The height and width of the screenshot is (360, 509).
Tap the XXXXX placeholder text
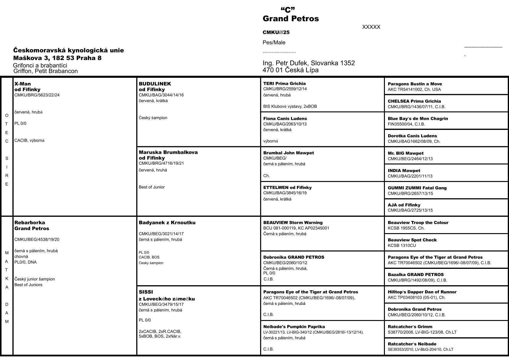click(371, 27)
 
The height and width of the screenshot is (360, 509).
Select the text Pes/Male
click(274, 42)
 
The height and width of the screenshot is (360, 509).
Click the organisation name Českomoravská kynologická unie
click(68, 50)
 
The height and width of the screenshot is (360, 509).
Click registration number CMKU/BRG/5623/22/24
click(37, 95)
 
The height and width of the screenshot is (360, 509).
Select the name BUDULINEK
click(155, 84)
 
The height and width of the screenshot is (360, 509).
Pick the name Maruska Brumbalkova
click(168, 152)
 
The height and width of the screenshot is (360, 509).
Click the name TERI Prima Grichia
click(284, 84)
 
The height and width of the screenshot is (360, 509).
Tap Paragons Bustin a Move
click(415, 84)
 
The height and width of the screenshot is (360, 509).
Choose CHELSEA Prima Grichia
click(414, 101)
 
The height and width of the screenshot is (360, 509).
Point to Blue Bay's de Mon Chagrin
click(418, 119)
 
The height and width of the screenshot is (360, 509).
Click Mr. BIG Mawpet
click(405, 153)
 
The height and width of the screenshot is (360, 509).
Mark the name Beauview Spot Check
click(412, 240)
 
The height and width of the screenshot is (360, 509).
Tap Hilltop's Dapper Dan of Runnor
click(422, 292)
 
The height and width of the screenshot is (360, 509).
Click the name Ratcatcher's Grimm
click(410, 327)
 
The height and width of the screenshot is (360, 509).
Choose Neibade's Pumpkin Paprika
click(294, 327)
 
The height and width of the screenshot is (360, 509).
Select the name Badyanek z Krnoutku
click(167, 223)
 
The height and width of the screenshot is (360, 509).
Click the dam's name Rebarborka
click(30, 223)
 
